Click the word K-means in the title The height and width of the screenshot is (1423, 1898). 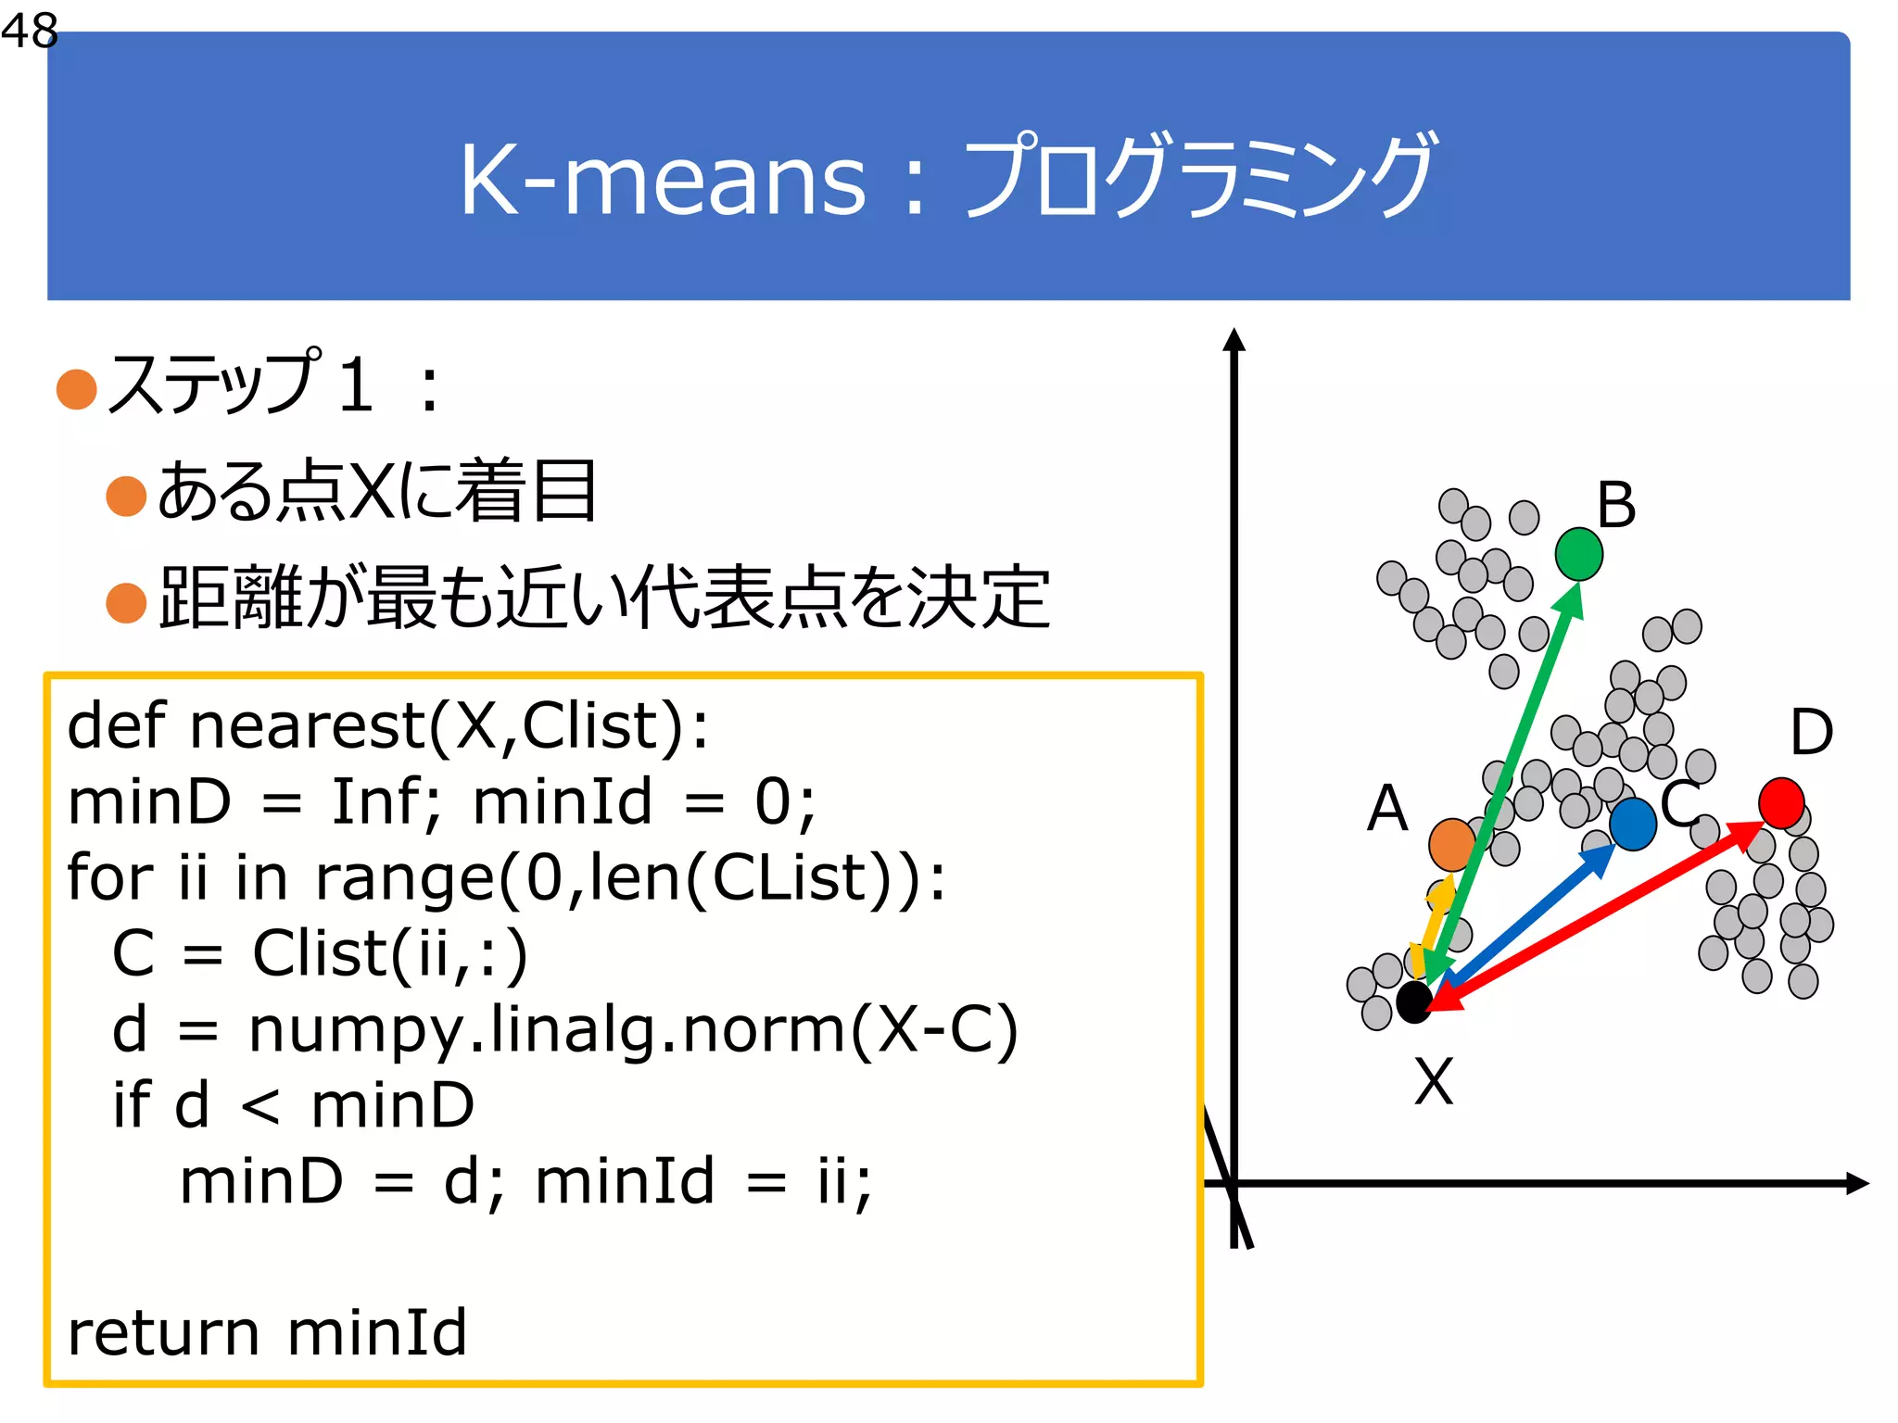click(x=662, y=180)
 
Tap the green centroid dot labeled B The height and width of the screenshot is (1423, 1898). click(x=1578, y=554)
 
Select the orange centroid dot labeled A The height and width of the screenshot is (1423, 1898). click(x=1451, y=844)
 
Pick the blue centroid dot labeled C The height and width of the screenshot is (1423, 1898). click(x=1633, y=824)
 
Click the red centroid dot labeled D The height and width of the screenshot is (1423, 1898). click(x=1780, y=802)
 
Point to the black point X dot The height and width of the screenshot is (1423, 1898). click(x=1414, y=1001)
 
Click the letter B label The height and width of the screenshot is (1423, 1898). click(x=1616, y=506)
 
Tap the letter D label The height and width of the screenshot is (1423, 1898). click(x=1811, y=732)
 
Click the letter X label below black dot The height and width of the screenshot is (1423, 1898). click(x=1434, y=1081)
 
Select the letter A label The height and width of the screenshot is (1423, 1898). click(x=1387, y=808)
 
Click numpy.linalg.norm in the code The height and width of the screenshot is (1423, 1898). click(x=547, y=1030)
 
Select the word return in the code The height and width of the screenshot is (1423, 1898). click(x=163, y=1334)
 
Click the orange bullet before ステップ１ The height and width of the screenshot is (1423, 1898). click(x=77, y=388)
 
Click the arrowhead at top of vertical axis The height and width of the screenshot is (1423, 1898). click(x=1234, y=340)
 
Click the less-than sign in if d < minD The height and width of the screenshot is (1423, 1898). click(x=260, y=1106)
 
